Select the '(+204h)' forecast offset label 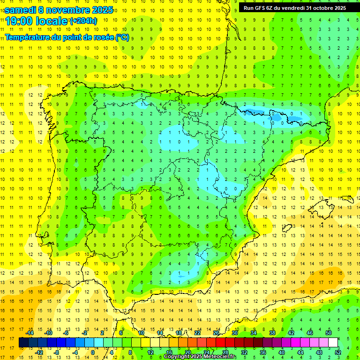[83, 21]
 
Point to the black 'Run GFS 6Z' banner [295, 7]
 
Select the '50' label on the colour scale [328, 333]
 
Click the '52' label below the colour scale [337, 352]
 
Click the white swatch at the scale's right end [333, 343]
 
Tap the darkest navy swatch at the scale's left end [23, 343]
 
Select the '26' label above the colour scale [216, 333]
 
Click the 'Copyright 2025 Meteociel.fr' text [200, 357]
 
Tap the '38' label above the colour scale [272, 333]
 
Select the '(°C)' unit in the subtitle [122, 37]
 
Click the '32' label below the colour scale [244, 352]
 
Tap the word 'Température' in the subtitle [29, 37]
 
